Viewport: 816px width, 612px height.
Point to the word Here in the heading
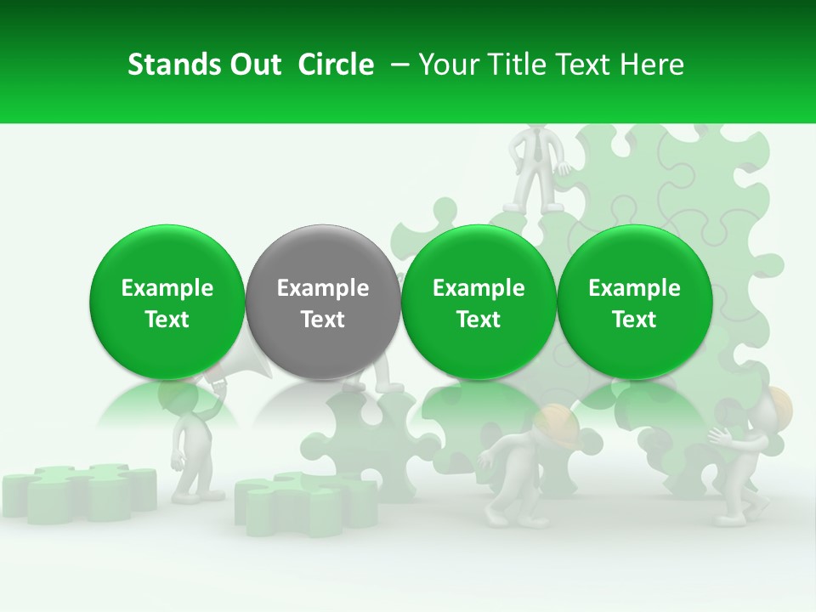point(653,65)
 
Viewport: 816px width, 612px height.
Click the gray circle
point(322,302)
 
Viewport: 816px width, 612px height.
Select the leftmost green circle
point(167,302)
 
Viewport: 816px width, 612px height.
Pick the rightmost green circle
point(634,302)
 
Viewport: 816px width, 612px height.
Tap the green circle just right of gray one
point(479,302)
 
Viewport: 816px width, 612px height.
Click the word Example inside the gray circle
point(322,288)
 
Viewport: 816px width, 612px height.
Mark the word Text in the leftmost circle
point(167,320)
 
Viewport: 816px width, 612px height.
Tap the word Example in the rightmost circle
point(634,288)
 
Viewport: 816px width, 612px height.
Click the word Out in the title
point(252,65)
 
